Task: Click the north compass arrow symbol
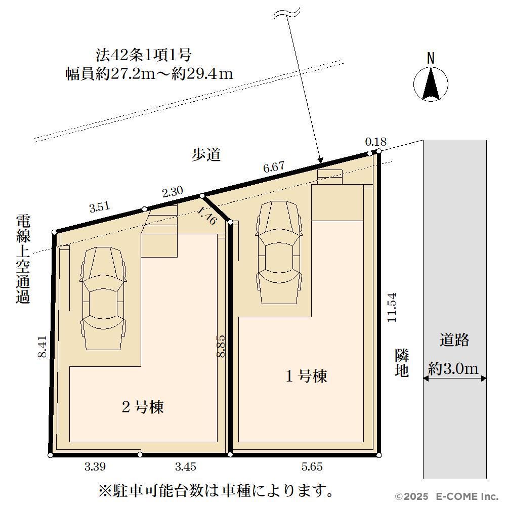(x=431, y=84)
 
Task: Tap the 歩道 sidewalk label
(x=206, y=154)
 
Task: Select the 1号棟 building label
(x=306, y=376)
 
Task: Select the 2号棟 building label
(x=143, y=407)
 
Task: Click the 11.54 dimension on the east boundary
(x=392, y=307)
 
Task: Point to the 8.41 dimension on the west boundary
(x=43, y=347)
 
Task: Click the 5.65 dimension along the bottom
(x=312, y=467)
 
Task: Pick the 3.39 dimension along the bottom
(x=95, y=467)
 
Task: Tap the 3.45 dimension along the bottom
(x=186, y=467)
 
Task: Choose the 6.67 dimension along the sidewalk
(x=274, y=167)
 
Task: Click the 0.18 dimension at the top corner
(x=375, y=141)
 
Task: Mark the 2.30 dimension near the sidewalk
(x=173, y=192)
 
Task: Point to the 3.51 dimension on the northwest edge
(x=100, y=207)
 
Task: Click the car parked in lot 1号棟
(x=279, y=252)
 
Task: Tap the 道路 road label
(x=454, y=340)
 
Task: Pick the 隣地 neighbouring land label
(x=402, y=363)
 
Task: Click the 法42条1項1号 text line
(x=144, y=55)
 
